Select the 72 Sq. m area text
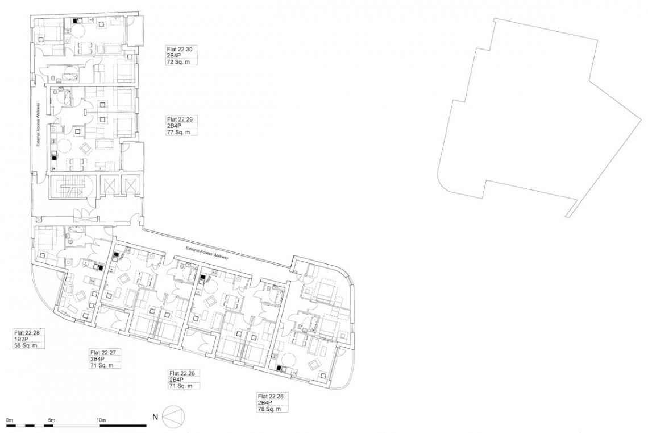tap(178, 62)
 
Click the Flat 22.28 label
tap(27, 332)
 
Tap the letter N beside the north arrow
tap(155, 417)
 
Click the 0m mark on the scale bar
tap(10, 420)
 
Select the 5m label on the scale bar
tap(51, 420)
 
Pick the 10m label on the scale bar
tap(101, 420)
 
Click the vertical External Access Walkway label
tap(38, 124)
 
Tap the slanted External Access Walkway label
tap(207, 252)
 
